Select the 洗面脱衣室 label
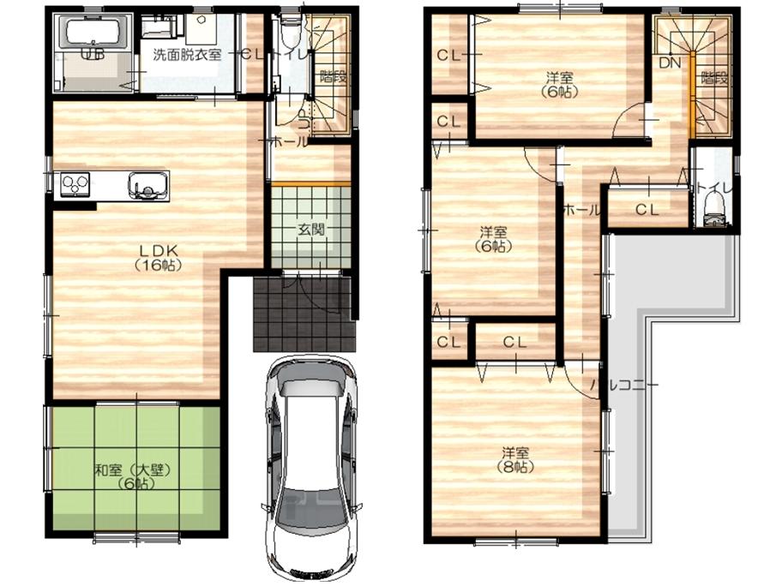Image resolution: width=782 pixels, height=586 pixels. [187, 54]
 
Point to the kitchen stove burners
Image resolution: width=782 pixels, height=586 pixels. [74, 183]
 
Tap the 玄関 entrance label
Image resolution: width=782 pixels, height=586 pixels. [310, 229]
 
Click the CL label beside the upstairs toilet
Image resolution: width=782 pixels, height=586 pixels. [647, 208]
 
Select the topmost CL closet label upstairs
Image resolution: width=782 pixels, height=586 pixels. [448, 56]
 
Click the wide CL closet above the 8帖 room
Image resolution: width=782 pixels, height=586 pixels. [514, 342]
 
